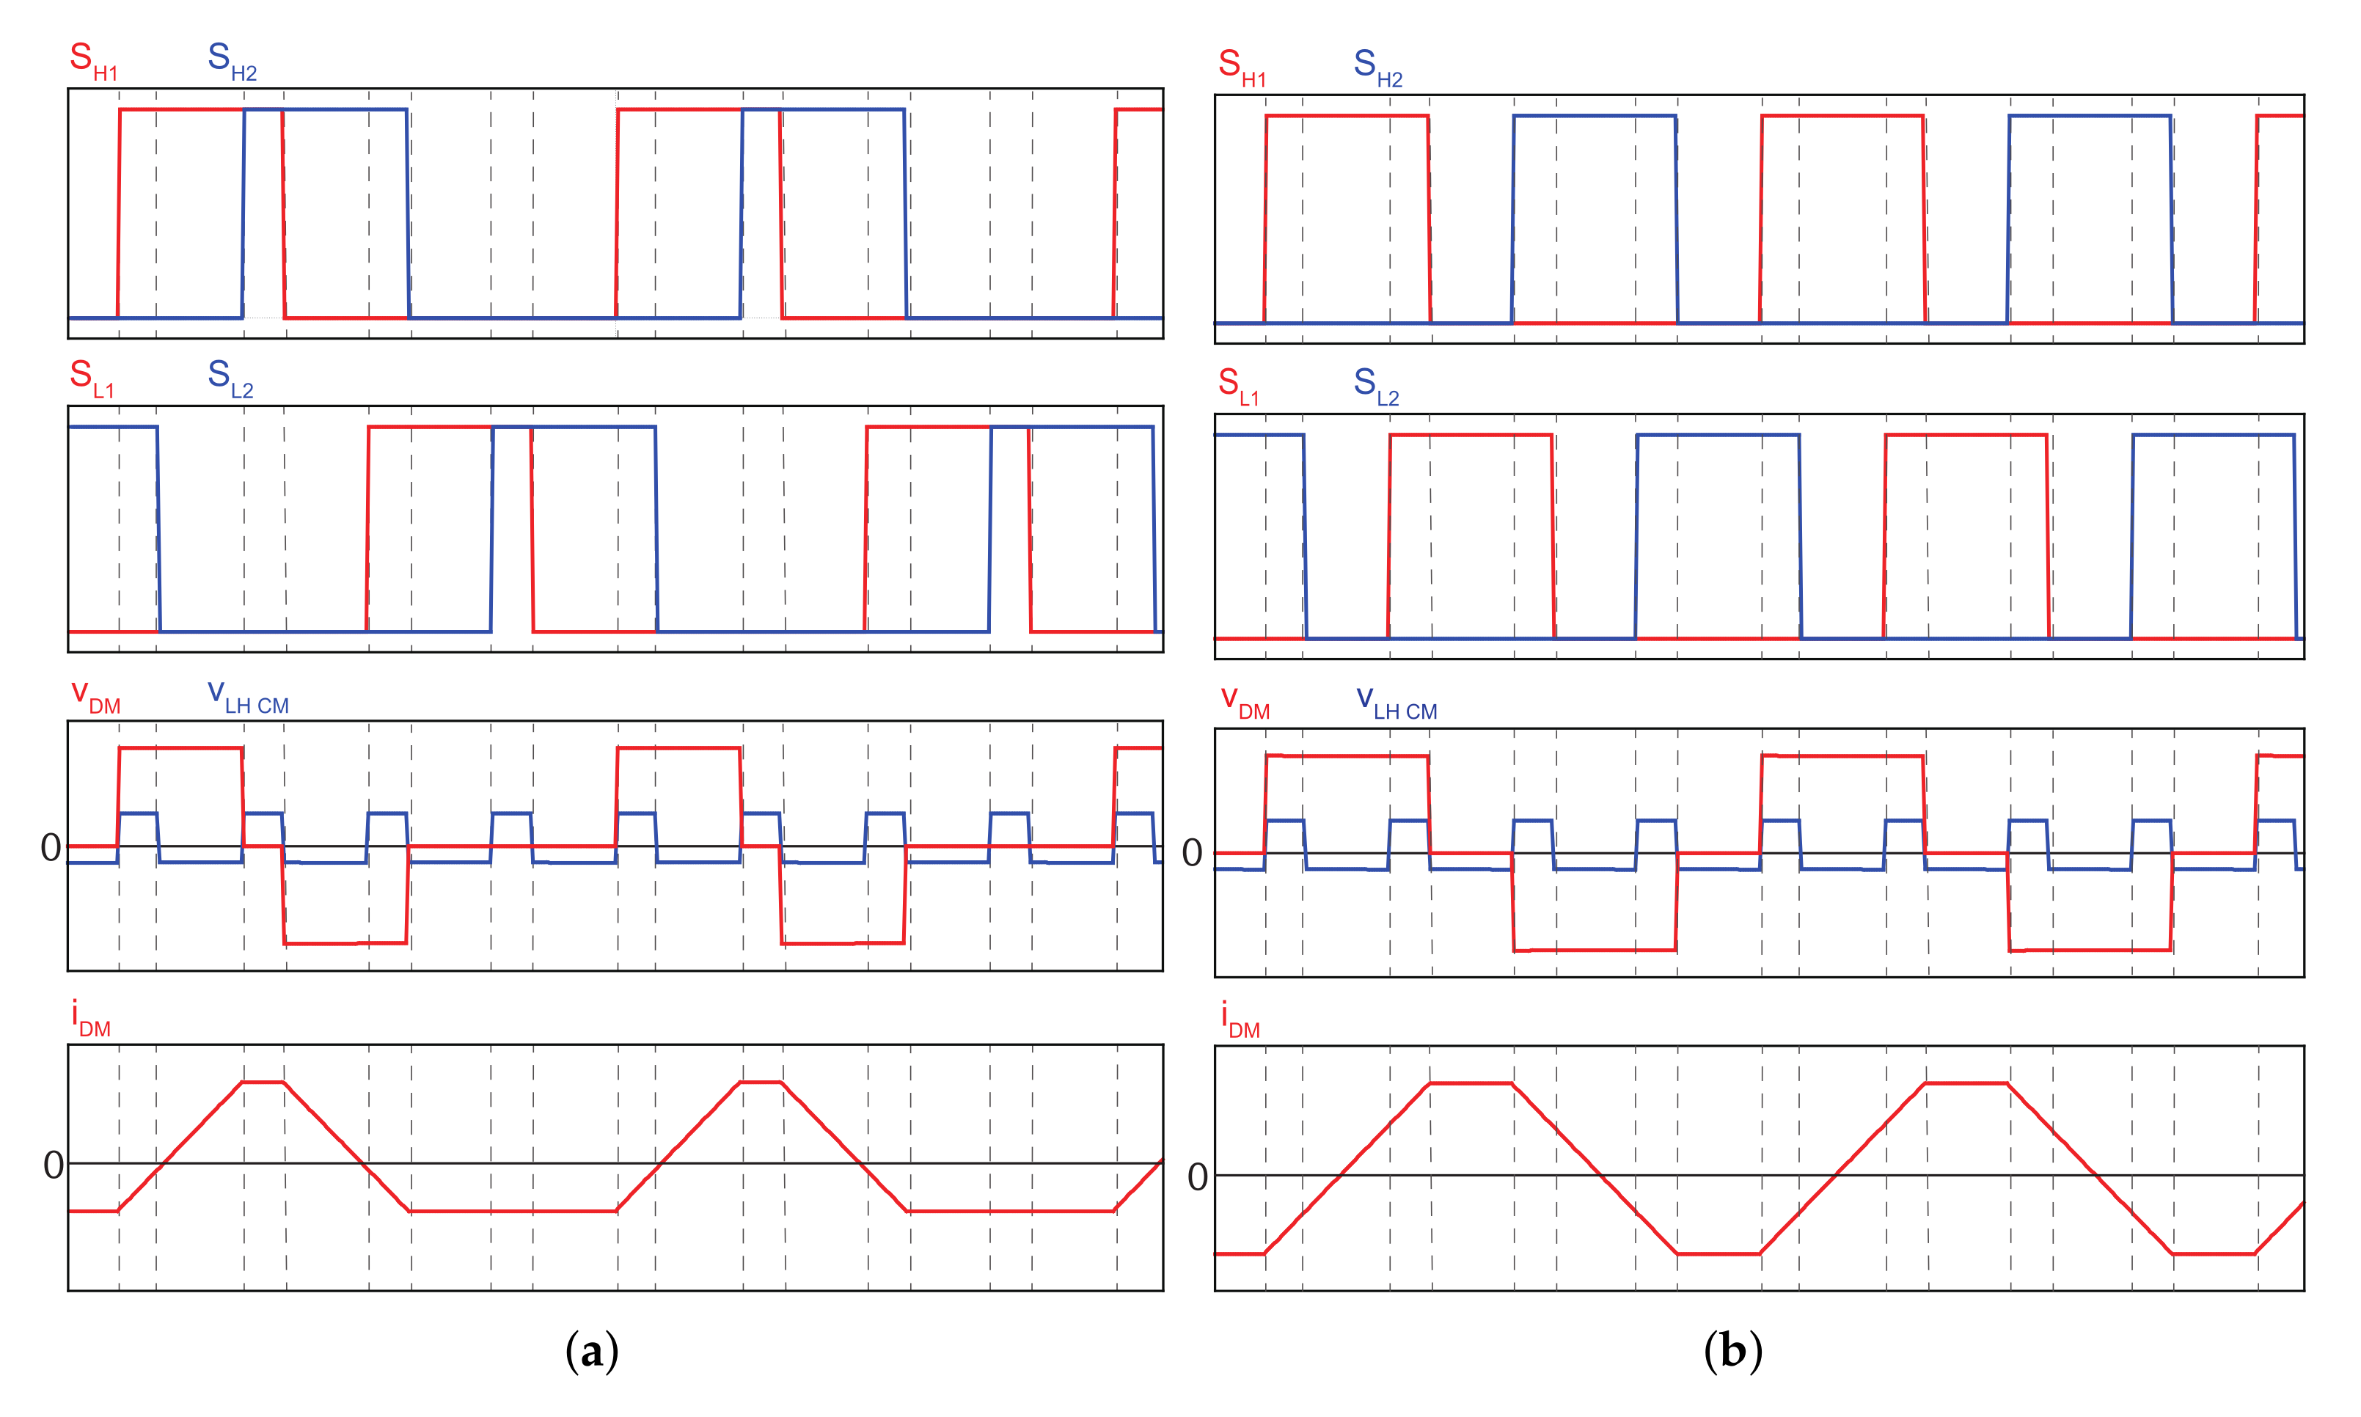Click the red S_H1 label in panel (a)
[x=92, y=60]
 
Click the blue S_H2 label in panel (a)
[x=232, y=60]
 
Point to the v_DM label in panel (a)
[x=95, y=696]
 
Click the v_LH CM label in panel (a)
[x=247, y=696]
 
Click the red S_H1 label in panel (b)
[x=1242, y=67]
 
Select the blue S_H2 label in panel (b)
[x=1377, y=67]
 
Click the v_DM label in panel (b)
[x=1245, y=703]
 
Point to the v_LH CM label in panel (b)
[x=1396, y=703]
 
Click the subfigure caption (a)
[x=592, y=1351]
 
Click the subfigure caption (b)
[x=1733, y=1351]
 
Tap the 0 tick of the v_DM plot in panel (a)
[x=51, y=848]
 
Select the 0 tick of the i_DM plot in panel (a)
[x=54, y=1165]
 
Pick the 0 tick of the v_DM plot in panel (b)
[x=1193, y=854]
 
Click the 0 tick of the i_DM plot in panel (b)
[x=1197, y=1177]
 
